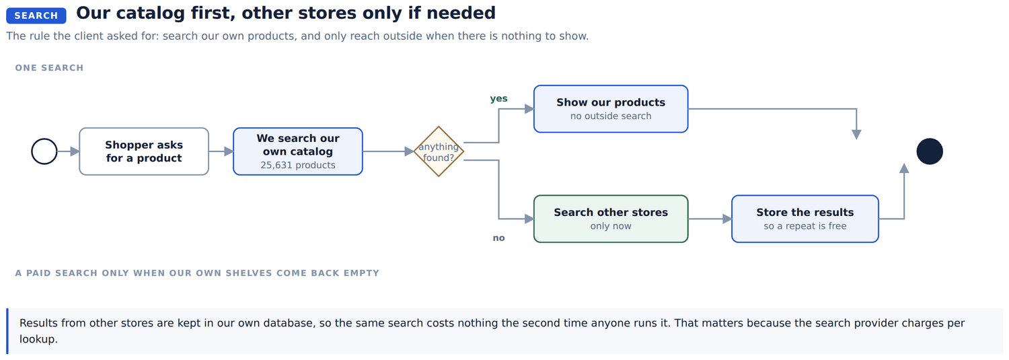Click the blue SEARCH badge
pyautogui.click(x=36, y=15)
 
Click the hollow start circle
pyautogui.click(x=44, y=139)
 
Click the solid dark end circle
pyautogui.click(x=930, y=151)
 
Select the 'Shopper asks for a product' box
pyautogui.click(x=144, y=151)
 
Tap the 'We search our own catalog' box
pyautogui.click(x=298, y=151)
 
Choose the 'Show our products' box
pyautogui.click(x=611, y=109)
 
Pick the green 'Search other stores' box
pyautogui.click(x=611, y=219)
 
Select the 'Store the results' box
pyautogui.click(x=805, y=219)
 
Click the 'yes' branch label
pyautogui.click(x=498, y=98)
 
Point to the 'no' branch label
pyautogui.click(x=498, y=238)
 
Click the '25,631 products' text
pyautogui.click(x=298, y=165)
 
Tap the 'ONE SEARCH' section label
pyautogui.click(x=49, y=67)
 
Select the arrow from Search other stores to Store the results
pyautogui.click(x=710, y=219)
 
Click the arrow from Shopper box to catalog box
pyautogui.click(x=221, y=151)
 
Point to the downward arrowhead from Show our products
pyautogui.click(x=856, y=135)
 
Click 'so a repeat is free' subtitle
pyautogui.click(x=805, y=226)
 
